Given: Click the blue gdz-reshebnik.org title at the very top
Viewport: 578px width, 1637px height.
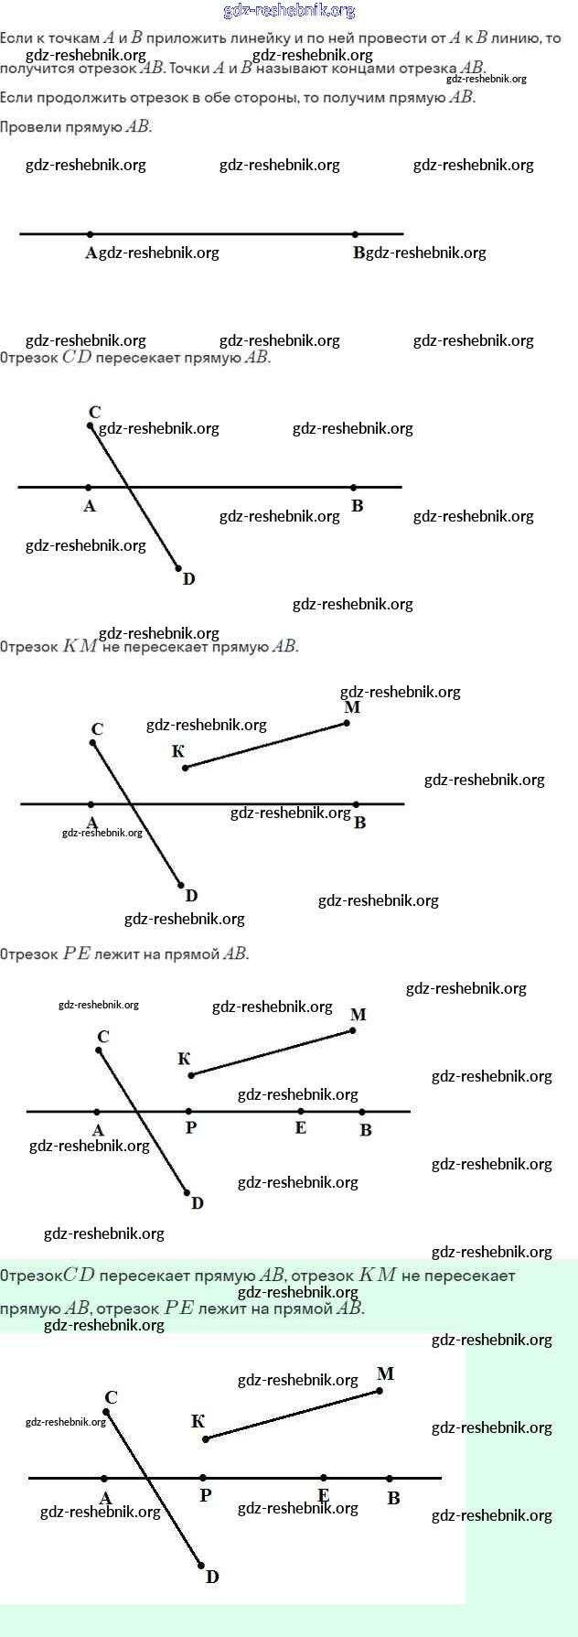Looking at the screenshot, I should pos(289,11).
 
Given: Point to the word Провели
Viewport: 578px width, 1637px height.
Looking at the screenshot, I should pos(30,127).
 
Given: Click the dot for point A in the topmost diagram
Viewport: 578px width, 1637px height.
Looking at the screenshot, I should pos(90,234).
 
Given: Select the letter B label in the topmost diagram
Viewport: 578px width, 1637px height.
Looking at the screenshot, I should pos(359,253).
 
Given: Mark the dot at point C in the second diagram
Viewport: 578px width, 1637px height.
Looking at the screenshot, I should pos(90,425).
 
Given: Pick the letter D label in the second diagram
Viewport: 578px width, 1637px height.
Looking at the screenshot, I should pos(188,579).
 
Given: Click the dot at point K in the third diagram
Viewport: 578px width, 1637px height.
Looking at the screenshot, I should pos(185,768).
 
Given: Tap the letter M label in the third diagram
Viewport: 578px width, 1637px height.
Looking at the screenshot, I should pos(352,707).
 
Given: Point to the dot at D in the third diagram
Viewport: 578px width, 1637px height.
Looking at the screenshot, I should pos(181,885).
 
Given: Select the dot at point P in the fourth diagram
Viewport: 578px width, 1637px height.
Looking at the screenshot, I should pos(189,1112).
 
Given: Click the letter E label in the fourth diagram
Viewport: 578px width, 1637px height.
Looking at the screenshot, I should pos(300,1128).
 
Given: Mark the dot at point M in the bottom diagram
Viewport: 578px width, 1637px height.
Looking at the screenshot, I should pos(380,1391).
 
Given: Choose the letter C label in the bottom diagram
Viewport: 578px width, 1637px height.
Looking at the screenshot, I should pos(111,1398).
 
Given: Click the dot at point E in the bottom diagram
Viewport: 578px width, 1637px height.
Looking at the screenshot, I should pos(324,1478).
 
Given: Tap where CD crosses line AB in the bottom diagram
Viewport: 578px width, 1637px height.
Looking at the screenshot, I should pos(150,1478).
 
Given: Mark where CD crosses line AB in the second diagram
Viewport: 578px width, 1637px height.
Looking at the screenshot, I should pos(127,488).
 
